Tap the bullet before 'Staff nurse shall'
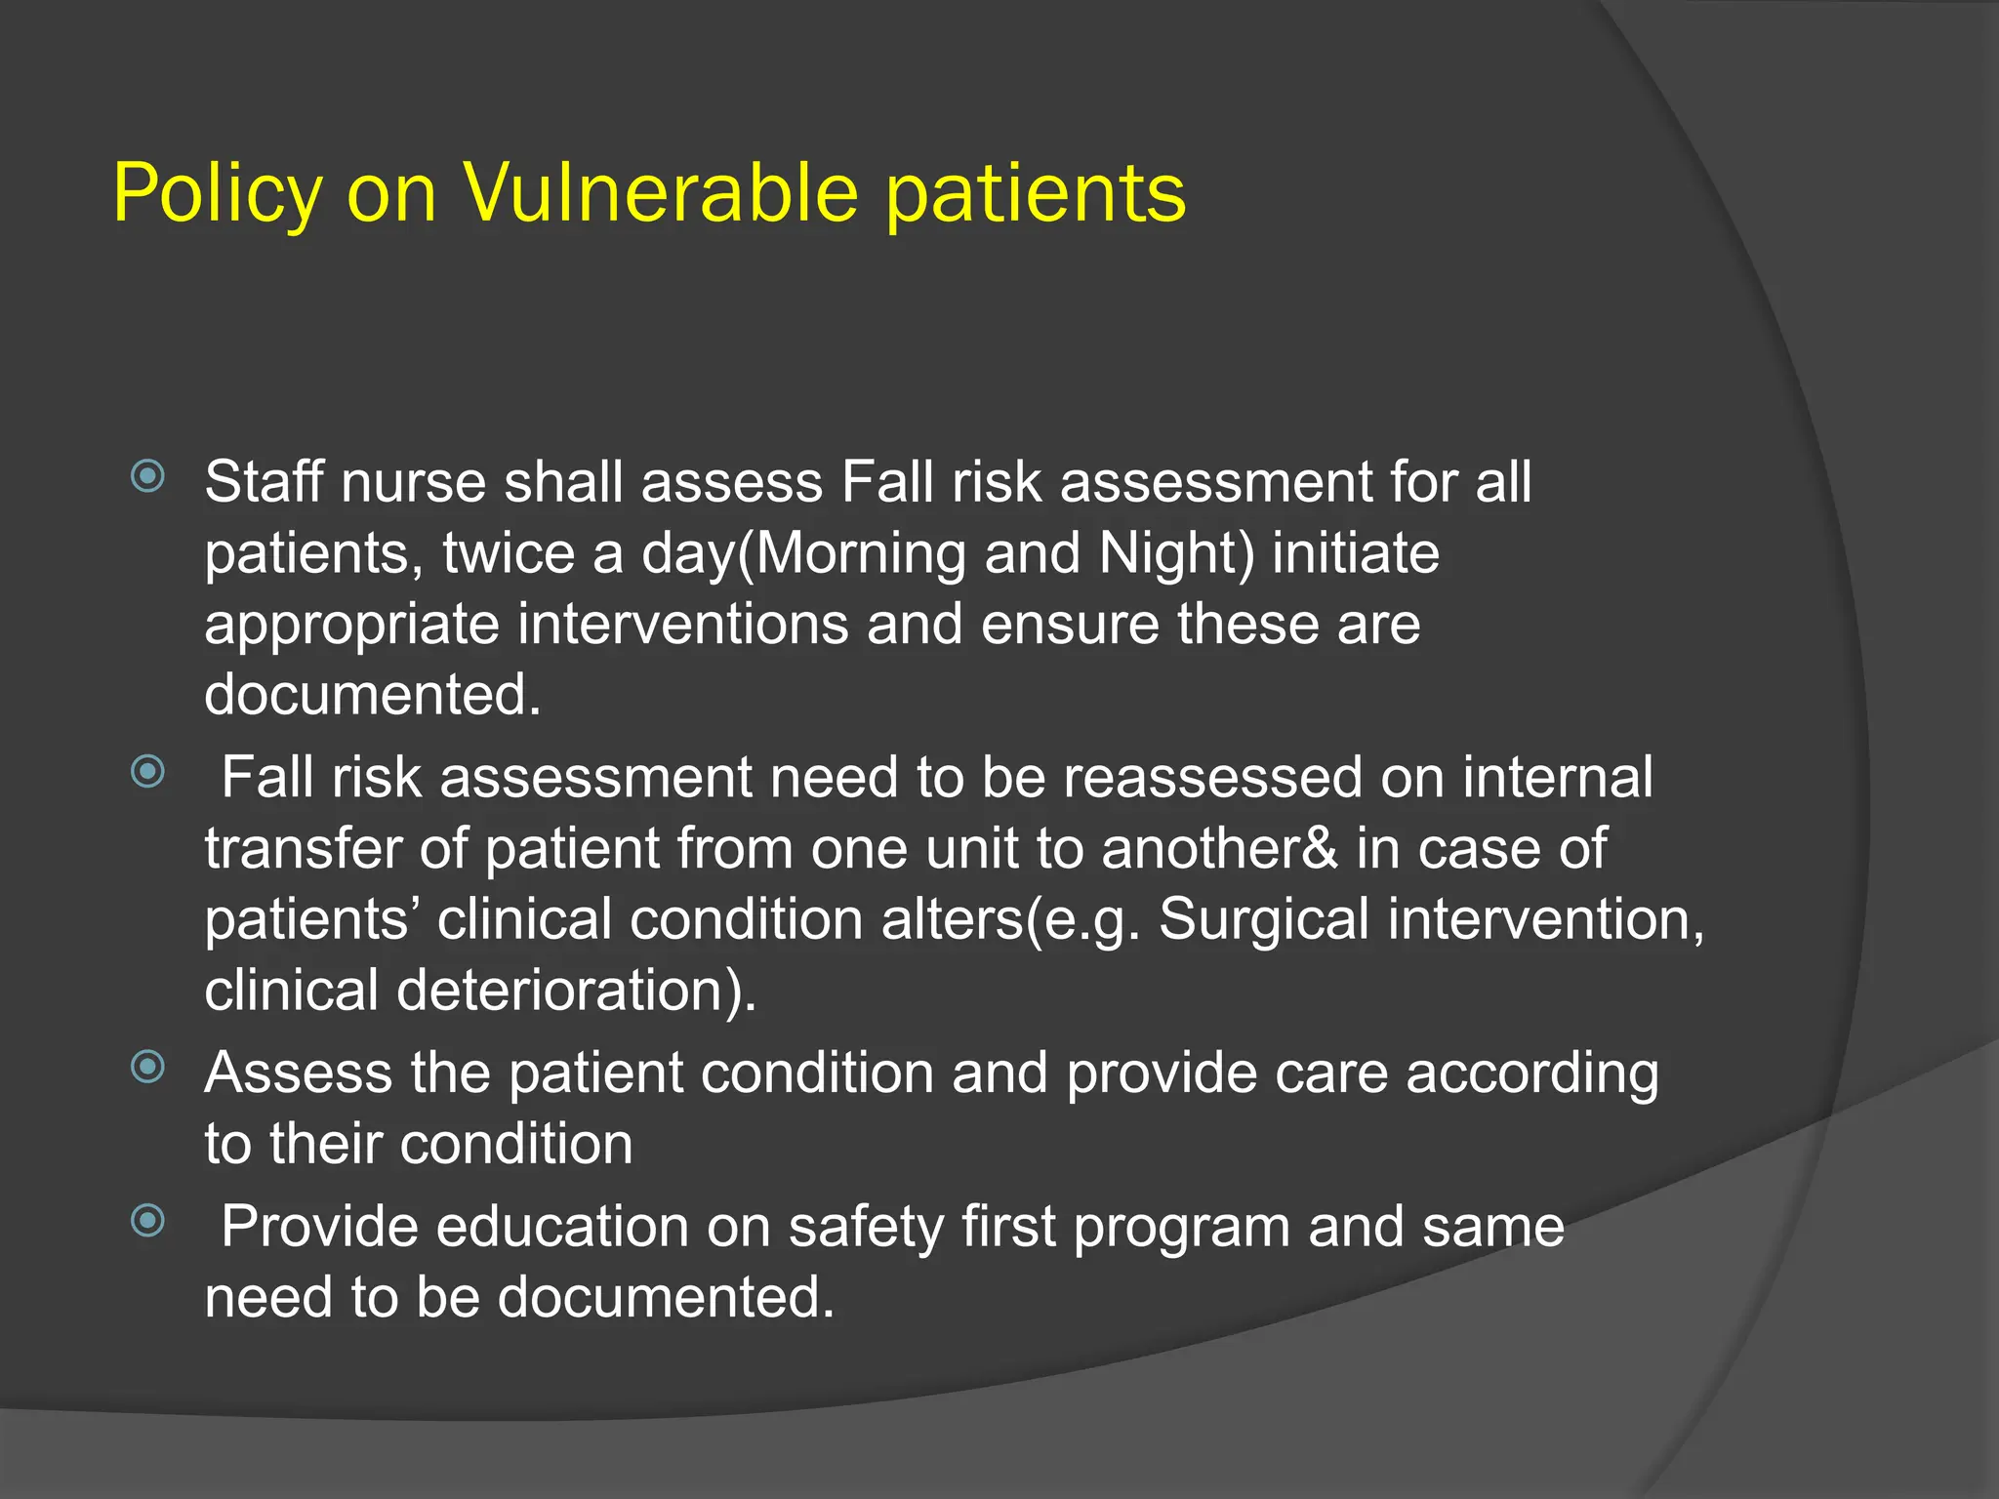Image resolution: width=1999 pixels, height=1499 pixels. tap(147, 476)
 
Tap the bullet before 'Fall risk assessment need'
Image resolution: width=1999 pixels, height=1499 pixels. tap(147, 772)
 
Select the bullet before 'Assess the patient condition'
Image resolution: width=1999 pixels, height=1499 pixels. tap(147, 1067)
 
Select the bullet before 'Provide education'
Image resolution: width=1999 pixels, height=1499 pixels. tap(147, 1220)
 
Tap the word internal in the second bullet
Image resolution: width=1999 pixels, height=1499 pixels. tap(1558, 779)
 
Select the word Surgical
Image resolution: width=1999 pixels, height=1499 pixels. tap(1263, 920)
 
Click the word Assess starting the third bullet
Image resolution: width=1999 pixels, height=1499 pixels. tap(298, 1074)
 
